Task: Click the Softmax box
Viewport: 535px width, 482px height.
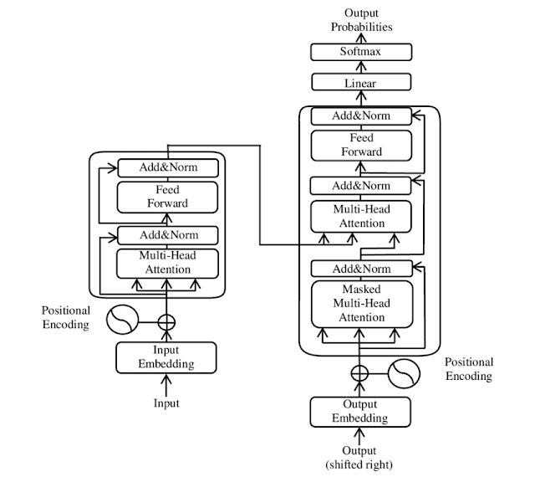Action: [x=361, y=52]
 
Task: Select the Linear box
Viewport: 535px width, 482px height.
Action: [x=361, y=82]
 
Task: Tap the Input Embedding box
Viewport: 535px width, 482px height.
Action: [x=166, y=357]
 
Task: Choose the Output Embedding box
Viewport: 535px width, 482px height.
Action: [x=360, y=412]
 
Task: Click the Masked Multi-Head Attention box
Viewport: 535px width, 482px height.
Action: [x=362, y=304]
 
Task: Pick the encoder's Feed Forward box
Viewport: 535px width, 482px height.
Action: [x=167, y=197]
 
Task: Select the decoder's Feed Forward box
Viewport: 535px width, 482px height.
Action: [x=361, y=145]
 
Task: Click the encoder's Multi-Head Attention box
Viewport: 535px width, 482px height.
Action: [x=167, y=264]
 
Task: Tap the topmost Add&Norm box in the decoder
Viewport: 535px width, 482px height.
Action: [x=361, y=116]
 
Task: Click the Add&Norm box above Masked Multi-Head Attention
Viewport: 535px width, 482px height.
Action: [x=362, y=269]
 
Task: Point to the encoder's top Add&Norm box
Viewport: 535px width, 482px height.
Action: [x=168, y=167]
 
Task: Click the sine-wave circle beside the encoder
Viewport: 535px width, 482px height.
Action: [x=123, y=320]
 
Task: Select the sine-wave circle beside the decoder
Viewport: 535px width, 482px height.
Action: [x=404, y=373]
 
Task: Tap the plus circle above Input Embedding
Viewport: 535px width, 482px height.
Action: [x=166, y=322]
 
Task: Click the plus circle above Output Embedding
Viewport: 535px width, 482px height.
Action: [x=359, y=373]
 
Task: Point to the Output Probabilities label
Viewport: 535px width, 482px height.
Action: [x=361, y=20]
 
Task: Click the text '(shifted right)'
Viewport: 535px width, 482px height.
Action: [x=359, y=464]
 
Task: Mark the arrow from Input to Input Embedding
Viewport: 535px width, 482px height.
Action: [x=166, y=385]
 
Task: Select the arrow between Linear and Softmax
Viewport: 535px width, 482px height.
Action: [x=361, y=67]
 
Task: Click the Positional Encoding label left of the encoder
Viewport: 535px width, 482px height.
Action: [x=66, y=317]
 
